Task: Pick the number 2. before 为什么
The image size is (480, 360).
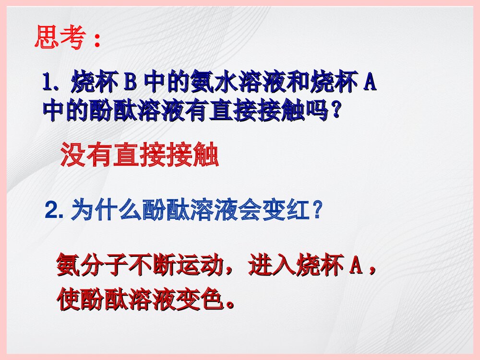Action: pos(54,210)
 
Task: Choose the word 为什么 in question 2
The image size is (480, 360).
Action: pos(107,210)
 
